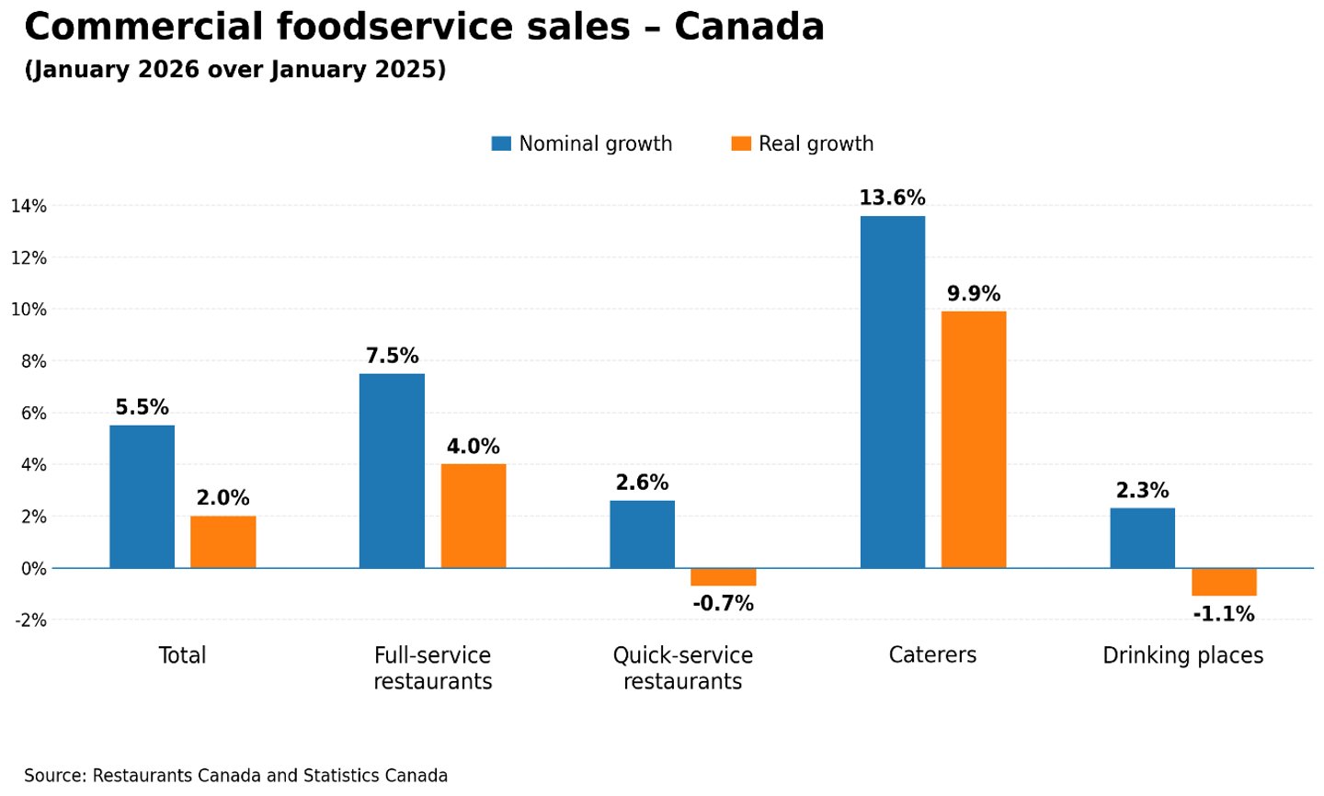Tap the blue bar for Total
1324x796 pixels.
[142, 496]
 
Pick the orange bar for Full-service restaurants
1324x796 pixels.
[473, 516]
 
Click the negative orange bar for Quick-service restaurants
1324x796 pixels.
[723, 577]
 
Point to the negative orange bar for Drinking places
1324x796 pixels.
[1223, 582]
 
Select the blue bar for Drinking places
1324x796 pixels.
[1142, 538]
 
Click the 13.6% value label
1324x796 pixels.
[892, 198]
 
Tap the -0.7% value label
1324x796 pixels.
[723, 604]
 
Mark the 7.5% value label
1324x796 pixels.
[392, 356]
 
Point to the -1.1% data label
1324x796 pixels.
[1223, 614]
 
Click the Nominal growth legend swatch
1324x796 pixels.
[501, 143]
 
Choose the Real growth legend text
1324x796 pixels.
[816, 143]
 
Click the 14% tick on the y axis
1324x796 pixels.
[29, 206]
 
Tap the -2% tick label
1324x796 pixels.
[30, 620]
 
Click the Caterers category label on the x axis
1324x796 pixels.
[932, 655]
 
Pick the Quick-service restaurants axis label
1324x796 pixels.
[682, 668]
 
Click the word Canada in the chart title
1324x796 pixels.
[748, 28]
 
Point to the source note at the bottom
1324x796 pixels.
[235, 776]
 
